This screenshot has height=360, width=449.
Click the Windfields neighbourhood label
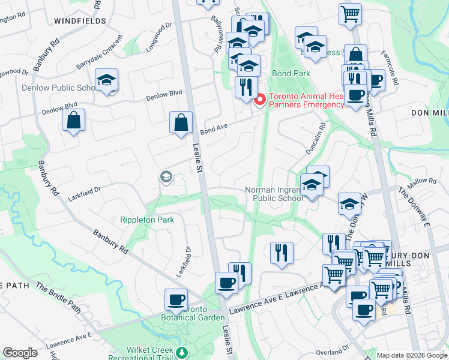(x=80, y=20)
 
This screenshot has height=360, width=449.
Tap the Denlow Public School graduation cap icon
(x=107, y=80)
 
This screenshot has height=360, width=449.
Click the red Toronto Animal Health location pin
(x=260, y=99)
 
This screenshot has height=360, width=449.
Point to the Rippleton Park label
(x=147, y=220)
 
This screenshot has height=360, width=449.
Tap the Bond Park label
(x=291, y=73)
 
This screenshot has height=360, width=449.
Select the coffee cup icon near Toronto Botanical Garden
(x=176, y=299)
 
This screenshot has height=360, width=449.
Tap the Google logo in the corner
(x=20, y=353)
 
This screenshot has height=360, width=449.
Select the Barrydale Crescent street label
(x=98, y=57)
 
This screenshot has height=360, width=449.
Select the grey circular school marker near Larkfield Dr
(x=165, y=176)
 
